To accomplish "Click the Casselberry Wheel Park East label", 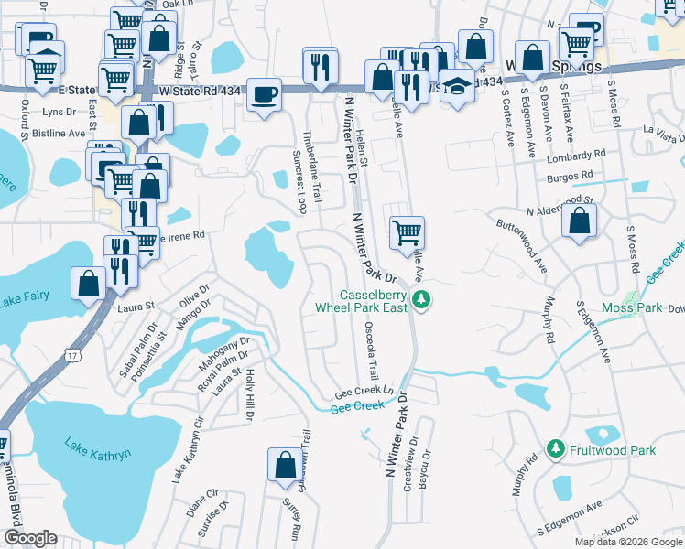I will click(x=373, y=301).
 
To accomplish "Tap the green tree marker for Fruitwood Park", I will click(x=553, y=448).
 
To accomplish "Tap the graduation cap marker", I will click(x=456, y=88).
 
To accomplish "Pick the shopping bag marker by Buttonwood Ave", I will click(x=579, y=221).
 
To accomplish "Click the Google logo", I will click(x=30, y=538).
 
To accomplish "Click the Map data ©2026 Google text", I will click(x=627, y=542).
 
